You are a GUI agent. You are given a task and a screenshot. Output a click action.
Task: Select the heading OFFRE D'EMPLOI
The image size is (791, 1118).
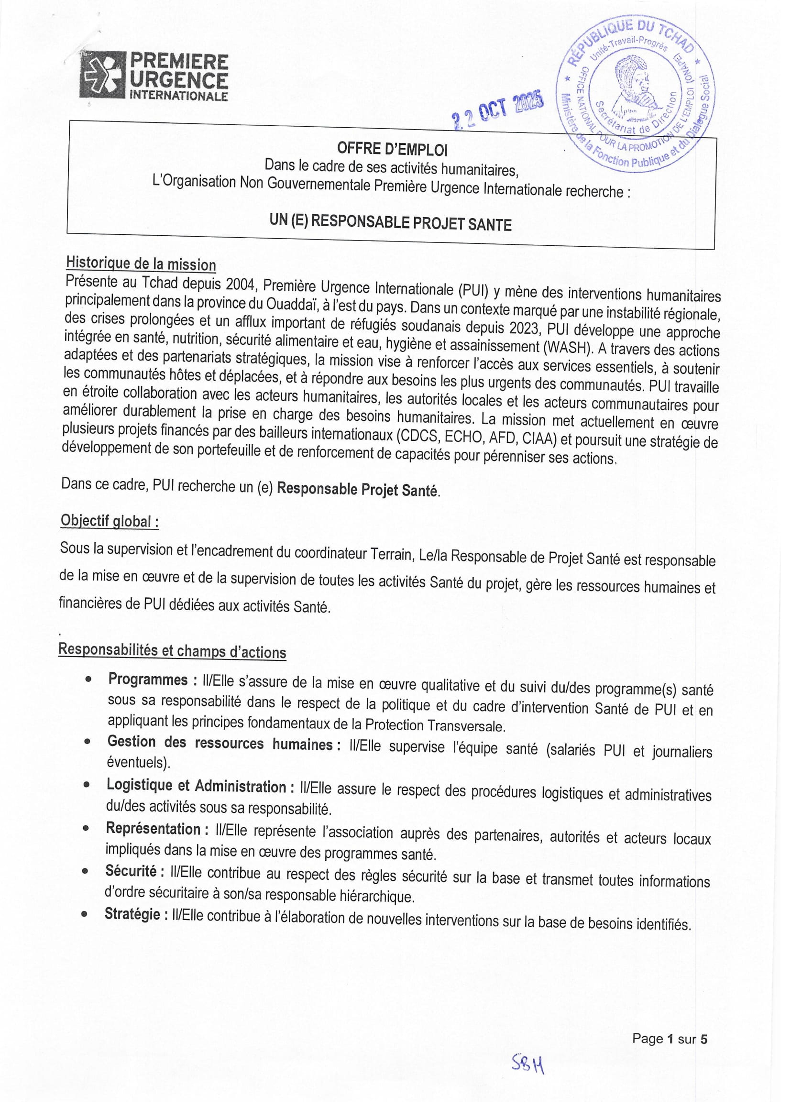coord(392,149)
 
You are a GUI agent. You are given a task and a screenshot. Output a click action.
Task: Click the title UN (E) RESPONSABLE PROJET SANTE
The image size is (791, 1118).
coord(390,222)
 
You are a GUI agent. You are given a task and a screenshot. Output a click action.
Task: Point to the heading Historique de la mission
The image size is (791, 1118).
coord(141,264)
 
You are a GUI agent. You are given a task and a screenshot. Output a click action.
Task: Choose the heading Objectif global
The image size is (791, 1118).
coord(110,521)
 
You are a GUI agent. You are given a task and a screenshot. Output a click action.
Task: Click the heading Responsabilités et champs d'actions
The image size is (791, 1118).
coord(172,650)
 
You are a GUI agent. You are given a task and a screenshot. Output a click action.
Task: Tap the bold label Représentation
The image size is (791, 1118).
coord(153,829)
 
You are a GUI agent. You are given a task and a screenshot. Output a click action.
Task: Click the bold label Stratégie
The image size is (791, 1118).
coord(132,914)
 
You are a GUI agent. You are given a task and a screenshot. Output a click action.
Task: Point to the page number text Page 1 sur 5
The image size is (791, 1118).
coord(670,1039)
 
